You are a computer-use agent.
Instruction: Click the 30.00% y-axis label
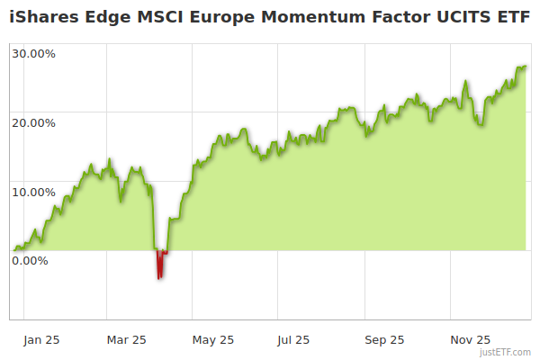click(33, 53)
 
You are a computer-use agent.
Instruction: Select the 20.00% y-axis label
click(33, 122)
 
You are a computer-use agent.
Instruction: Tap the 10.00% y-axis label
click(33, 192)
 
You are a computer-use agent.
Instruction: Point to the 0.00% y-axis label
click(30, 260)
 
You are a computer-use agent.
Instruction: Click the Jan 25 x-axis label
click(41, 339)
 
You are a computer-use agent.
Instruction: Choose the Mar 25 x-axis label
click(126, 339)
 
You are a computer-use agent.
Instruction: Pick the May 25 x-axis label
click(213, 339)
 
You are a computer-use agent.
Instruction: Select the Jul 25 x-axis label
click(293, 339)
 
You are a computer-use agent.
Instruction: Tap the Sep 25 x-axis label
click(384, 339)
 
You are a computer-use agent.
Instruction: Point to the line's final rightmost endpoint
click(526, 66)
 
